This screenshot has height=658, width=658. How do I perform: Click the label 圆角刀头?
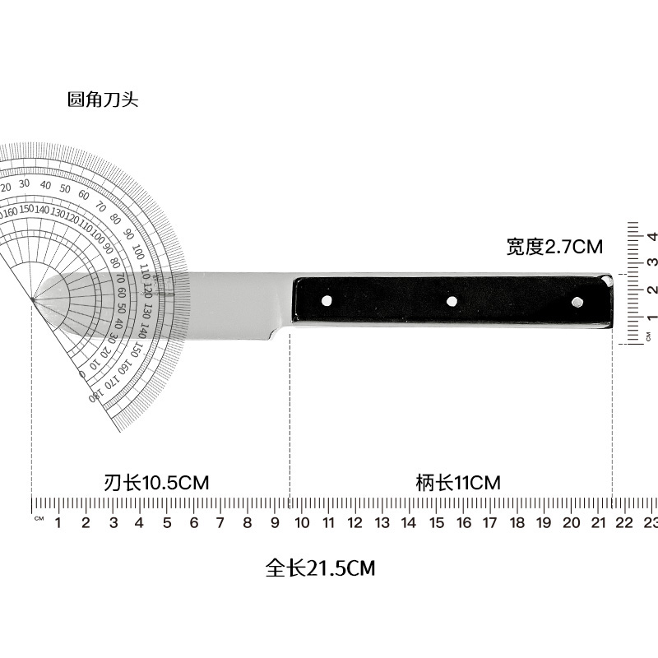103,100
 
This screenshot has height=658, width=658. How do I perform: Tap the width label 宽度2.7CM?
554,246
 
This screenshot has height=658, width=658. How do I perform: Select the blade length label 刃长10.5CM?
157,483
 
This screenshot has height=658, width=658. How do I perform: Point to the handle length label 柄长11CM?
458,483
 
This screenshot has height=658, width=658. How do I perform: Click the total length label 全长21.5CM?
321,568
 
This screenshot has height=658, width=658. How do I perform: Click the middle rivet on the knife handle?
452,302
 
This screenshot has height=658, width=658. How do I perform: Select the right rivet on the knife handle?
577,302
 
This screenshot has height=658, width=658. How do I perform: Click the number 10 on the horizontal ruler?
301,522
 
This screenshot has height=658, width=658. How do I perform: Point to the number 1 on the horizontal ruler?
58,522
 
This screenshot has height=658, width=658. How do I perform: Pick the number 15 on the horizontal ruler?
437,522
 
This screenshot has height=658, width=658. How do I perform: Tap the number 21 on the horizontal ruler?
598,522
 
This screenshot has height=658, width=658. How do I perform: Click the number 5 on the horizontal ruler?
166,522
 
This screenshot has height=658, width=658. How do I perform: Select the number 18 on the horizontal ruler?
517,522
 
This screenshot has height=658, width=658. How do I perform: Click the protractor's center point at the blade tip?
32,299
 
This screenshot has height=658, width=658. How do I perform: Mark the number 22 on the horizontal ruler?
625,522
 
